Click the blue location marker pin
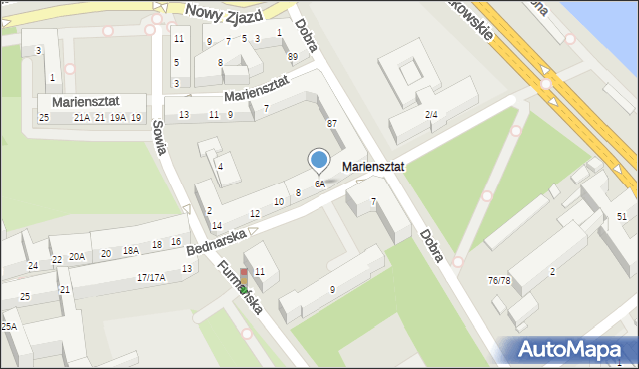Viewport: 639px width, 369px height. tap(319, 160)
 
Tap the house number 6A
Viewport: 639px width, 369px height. tap(319, 184)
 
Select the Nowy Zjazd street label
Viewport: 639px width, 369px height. tap(224, 13)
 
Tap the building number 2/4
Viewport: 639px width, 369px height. tap(431, 115)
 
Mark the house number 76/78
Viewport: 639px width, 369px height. tap(499, 280)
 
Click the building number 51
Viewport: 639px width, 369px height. tap(621, 217)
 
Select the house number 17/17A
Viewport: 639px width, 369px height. tap(151, 278)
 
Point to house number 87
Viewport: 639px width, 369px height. tap(331, 122)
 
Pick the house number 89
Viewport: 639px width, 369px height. tap(292, 57)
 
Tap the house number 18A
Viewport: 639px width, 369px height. tap(131, 251)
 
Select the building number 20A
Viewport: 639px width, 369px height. tap(77, 257)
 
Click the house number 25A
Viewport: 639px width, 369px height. tap(9, 327)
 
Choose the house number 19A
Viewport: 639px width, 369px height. tap(118, 118)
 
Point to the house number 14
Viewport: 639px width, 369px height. tap(216, 226)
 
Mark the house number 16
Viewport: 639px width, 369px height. tap(176, 242)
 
